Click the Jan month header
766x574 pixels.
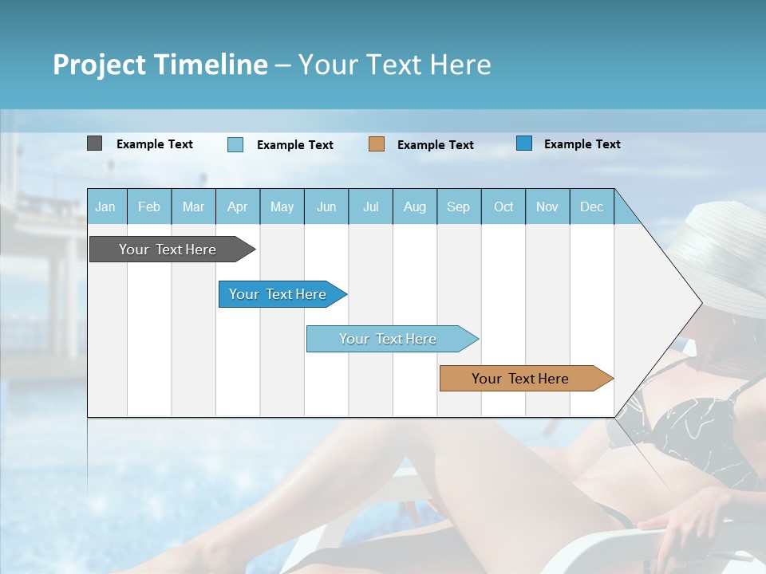click(105, 207)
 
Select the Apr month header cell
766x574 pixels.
click(237, 207)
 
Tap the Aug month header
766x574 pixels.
click(414, 207)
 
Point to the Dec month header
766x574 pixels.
click(591, 207)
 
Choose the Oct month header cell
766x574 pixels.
click(503, 207)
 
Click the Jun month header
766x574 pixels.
click(326, 207)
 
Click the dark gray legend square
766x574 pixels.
click(94, 143)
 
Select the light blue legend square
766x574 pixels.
click(235, 144)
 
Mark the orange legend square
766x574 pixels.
click(377, 144)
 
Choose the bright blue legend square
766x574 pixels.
click(524, 143)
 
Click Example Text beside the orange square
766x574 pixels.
click(435, 145)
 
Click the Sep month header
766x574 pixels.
click(458, 207)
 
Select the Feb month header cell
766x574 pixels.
click(149, 207)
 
